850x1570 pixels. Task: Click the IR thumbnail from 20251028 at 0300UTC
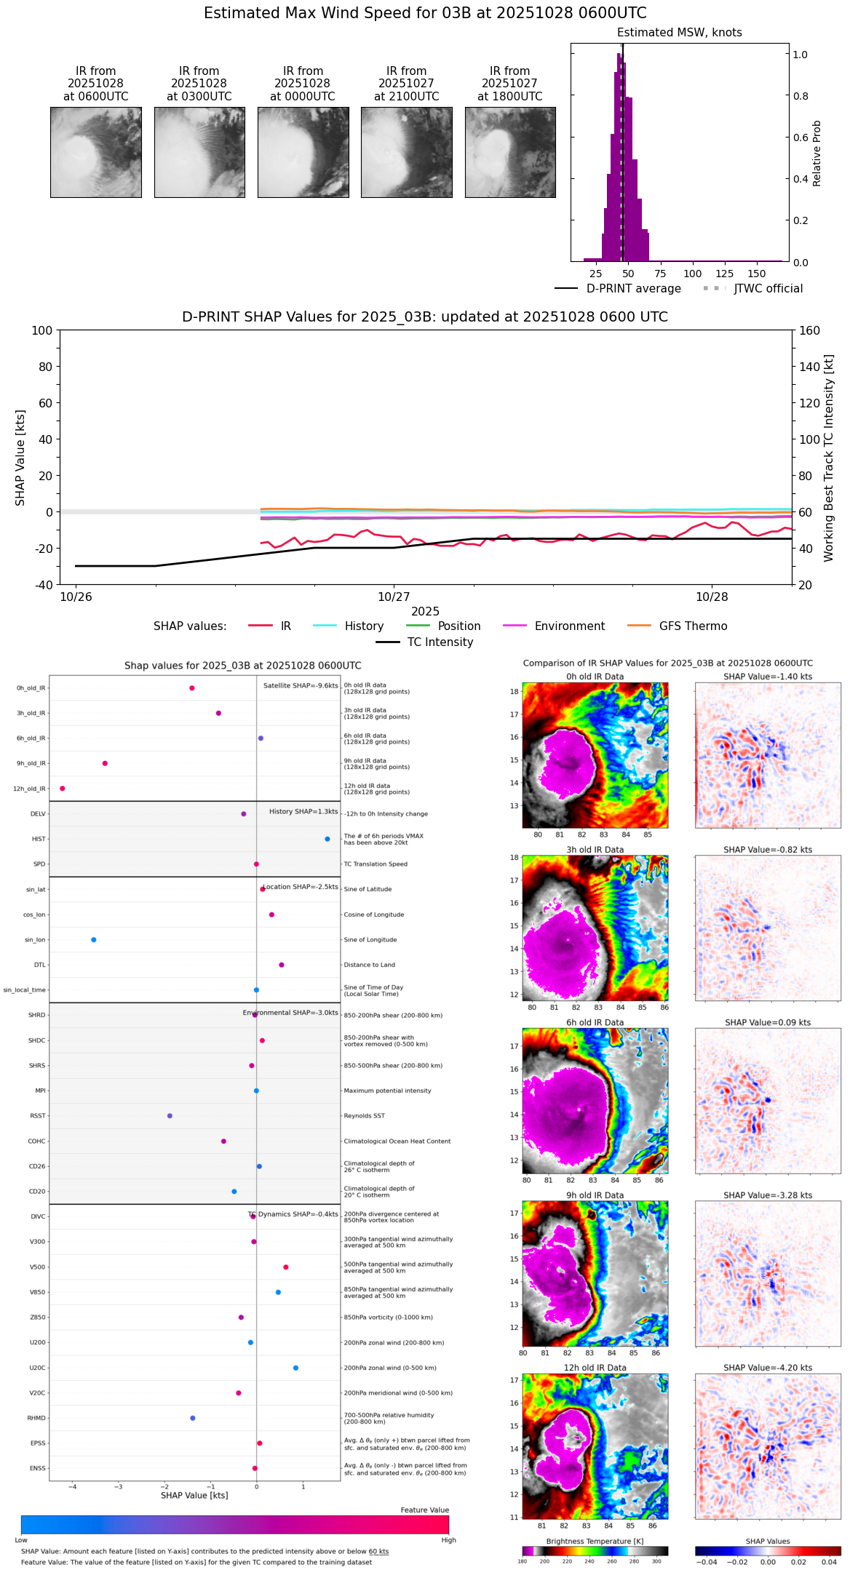tap(199, 152)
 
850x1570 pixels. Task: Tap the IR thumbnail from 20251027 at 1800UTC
tap(510, 152)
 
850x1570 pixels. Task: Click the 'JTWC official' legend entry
tap(768, 289)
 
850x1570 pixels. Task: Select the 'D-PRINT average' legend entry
tap(633, 289)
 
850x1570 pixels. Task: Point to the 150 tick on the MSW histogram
tap(757, 274)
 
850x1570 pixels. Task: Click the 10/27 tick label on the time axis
tap(394, 597)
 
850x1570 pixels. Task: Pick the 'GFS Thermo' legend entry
tap(693, 626)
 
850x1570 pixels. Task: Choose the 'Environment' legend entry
tap(569, 626)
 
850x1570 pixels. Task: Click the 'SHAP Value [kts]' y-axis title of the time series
tap(20, 458)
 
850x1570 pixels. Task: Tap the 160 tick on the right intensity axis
tap(810, 330)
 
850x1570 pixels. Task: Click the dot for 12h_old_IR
tap(63, 789)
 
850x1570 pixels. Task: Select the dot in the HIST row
tap(327, 839)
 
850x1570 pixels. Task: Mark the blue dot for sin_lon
tap(94, 940)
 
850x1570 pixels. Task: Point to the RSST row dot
tap(170, 1116)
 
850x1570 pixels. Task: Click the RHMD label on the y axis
tap(36, 1418)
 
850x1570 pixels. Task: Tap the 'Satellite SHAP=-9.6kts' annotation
tap(301, 685)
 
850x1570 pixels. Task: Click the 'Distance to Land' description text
tap(369, 965)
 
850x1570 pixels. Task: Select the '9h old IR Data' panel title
tap(595, 1195)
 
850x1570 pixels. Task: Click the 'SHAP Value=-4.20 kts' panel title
tap(768, 1368)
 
